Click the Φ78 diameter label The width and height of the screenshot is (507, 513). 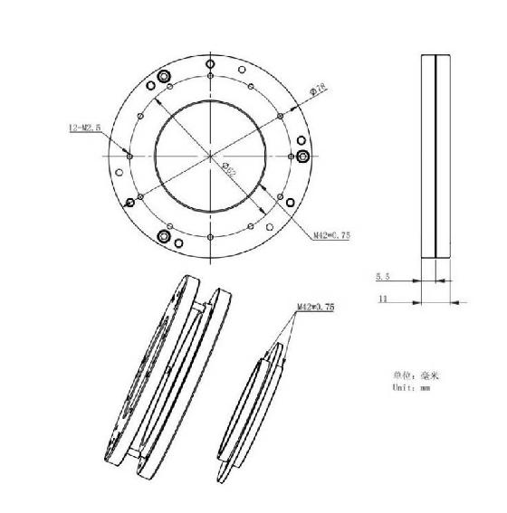(x=318, y=90)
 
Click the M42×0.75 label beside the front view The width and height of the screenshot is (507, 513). (x=331, y=235)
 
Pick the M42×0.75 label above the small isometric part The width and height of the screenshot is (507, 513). (x=316, y=307)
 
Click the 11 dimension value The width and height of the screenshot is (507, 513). (x=383, y=296)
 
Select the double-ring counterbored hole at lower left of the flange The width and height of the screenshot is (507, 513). (x=163, y=236)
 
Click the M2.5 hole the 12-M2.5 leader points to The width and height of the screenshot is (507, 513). (x=130, y=156)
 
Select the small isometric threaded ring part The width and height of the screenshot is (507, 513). (x=253, y=407)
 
